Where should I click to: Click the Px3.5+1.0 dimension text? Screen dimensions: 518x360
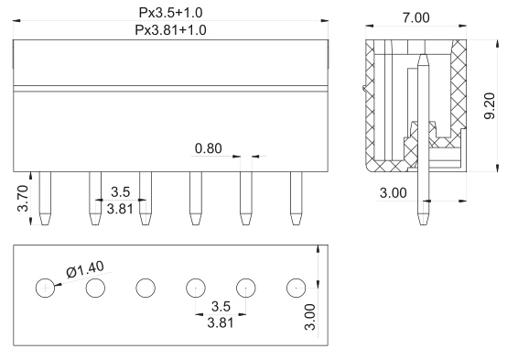coord(170,13)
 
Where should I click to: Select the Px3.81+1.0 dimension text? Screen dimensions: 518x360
coord(170,30)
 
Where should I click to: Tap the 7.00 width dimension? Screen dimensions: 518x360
coord(415,17)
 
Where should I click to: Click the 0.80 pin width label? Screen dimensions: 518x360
coord(209,148)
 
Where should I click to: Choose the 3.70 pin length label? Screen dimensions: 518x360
coord(23,199)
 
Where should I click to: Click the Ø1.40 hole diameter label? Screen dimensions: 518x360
coord(85,269)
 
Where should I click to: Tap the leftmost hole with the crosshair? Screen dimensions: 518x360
coord(45,288)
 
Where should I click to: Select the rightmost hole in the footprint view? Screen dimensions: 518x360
coord(296,288)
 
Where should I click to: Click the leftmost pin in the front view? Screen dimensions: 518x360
coord(45,199)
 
